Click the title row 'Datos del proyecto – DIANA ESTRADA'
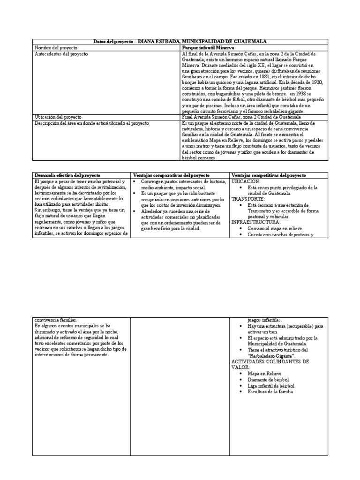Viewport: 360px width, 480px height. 180,42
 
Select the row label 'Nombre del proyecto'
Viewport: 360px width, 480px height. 57,48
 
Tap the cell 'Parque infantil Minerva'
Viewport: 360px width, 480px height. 211,48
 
